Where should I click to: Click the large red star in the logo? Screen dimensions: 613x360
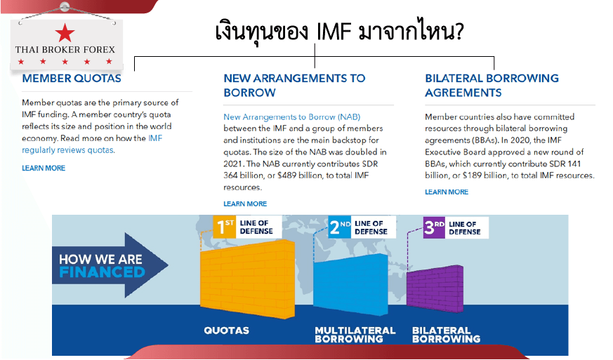coord(65,33)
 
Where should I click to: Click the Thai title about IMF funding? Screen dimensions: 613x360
coord(339,31)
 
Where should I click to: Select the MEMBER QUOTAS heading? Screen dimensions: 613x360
coord(72,78)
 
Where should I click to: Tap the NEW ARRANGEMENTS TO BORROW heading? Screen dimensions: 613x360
coord(294,85)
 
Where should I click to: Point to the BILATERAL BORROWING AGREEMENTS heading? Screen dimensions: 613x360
coord(492,85)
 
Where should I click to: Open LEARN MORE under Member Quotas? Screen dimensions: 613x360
coord(44,168)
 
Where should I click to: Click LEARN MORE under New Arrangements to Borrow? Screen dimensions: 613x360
coord(245,204)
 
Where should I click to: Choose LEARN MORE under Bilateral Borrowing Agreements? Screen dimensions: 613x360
coord(447,192)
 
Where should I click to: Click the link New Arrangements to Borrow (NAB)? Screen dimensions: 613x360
coord(291,117)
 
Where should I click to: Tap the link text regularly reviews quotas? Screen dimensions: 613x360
coord(68,150)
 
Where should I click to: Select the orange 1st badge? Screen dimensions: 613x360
coord(224,227)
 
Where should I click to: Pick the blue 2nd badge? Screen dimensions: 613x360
coord(339,227)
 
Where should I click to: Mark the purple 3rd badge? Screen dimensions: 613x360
coord(434,227)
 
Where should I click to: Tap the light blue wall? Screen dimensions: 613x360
coord(350,284)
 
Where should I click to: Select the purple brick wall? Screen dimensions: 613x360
coord(435,289)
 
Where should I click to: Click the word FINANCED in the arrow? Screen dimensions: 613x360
coord(102,272)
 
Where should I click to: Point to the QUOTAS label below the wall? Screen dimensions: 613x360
coord(226,331)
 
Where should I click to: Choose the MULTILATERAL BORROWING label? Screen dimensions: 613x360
coord(355,335)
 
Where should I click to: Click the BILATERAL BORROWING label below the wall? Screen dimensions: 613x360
coord(446,335)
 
